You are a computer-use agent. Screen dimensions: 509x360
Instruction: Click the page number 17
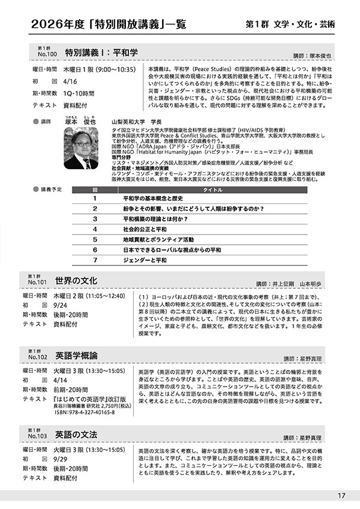[340, 496]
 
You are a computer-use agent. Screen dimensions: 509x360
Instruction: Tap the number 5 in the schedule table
[95, 239]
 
